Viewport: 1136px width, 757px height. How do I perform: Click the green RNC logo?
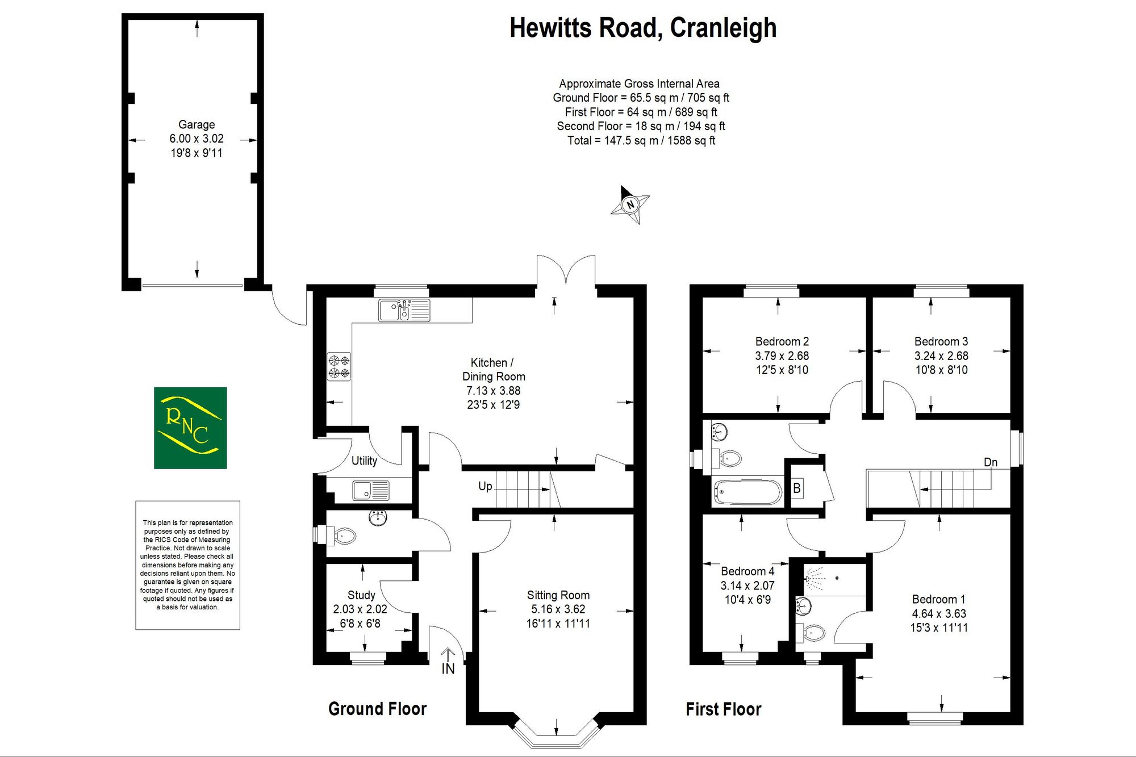point(190,428)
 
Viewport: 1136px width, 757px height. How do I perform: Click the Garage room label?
point(197,124)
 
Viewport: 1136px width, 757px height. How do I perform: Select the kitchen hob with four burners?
point(339,366)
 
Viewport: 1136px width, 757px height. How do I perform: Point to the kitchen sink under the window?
point(404,311)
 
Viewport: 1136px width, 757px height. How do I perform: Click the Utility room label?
point(364,461)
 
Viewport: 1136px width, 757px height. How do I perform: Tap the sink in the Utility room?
point(371,490)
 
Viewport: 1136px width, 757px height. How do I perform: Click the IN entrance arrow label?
point(448,669)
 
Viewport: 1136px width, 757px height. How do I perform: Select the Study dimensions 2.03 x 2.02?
point(360,609)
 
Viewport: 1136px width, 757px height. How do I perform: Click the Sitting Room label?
point(558,595)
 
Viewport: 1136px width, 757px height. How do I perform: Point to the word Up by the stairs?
point(485,486)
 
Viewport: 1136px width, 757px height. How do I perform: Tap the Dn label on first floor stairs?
point(991,462)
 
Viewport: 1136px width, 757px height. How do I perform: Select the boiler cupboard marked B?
point(797,488)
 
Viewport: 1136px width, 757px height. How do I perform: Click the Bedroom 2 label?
point(782,341)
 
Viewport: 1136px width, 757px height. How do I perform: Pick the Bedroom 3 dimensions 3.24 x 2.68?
point(941,356)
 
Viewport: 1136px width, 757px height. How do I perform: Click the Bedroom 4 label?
point(747,571)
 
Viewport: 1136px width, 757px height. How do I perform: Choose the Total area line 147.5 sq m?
point(641,140)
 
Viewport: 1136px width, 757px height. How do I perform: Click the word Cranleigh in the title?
point(723,28)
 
